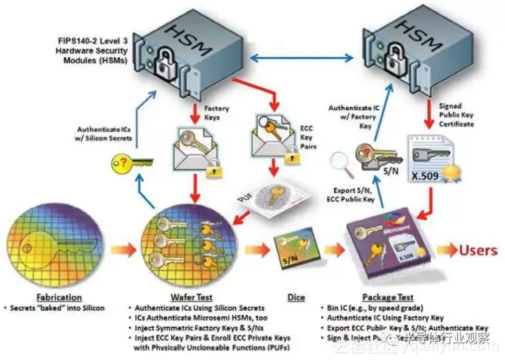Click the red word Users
click(477, 250)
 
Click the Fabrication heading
click(59, 298)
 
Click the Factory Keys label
click(216, 112)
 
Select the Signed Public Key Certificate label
click(456, 115)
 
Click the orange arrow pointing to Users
click(445, 250)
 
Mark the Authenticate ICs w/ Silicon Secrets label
click(104, 133)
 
